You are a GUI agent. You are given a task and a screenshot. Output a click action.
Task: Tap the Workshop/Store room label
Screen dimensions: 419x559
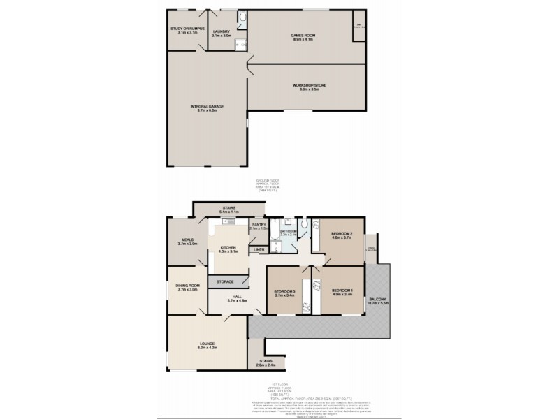[x=305, y=85]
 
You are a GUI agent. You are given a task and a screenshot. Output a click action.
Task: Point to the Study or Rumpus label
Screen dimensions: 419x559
[x=186, y=29]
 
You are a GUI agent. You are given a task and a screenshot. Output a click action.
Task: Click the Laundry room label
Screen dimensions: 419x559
[x=222, y=31]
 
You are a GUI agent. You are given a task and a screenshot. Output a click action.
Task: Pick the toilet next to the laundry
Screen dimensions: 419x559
[x=241, y=18]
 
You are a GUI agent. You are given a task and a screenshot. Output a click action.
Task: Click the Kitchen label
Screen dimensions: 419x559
[x=229, y=248]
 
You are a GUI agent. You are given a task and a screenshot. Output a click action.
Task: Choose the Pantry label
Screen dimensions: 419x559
[x=259, y=225]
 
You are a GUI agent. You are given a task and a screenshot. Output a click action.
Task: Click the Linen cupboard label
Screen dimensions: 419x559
[x=259, y=249]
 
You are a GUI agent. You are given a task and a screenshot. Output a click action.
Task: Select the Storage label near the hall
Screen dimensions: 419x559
[x=224, y=281]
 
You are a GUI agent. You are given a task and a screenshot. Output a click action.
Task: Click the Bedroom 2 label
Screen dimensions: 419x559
[x=342, y=234]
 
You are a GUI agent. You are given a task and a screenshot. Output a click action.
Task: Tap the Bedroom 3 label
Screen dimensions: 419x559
[x=284, y=291]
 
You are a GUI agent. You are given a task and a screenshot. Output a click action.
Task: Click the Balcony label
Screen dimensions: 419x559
[x=378, y=299]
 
